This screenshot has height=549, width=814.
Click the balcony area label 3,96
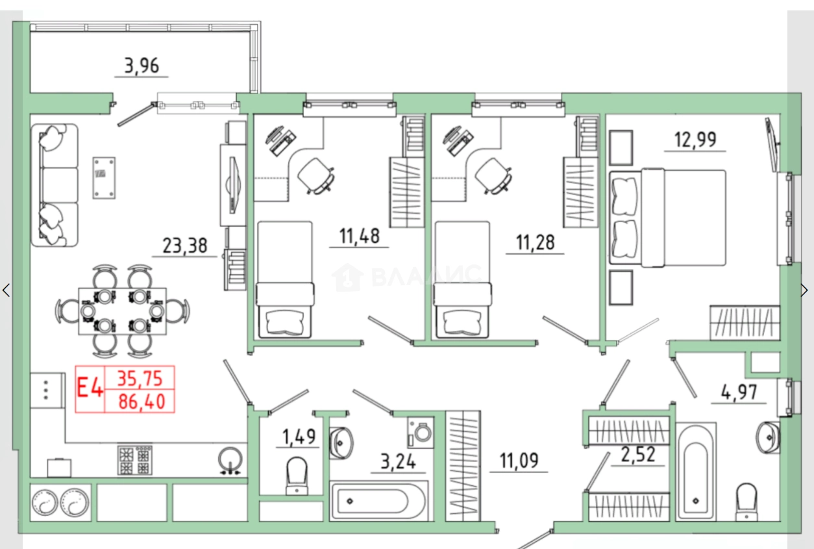142,66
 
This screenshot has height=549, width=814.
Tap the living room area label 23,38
185,246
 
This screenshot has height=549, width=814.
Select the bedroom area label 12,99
695,140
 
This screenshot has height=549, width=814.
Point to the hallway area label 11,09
519,461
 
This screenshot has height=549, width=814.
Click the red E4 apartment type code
90,388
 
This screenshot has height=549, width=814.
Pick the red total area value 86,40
142,402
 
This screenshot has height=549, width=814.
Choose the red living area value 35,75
140,379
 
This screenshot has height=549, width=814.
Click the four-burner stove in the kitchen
135,460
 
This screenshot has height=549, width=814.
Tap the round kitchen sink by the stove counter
230,459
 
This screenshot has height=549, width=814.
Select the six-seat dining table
123,311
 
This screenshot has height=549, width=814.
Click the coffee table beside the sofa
104,178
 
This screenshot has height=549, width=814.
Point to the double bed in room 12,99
667,218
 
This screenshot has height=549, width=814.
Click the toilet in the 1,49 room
297,476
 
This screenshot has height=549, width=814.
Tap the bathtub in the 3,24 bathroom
379,501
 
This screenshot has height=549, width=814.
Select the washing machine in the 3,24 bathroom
421,432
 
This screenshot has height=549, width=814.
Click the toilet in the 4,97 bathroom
746,502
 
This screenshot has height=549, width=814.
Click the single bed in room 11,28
463,280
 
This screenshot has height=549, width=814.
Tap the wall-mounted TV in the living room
233,185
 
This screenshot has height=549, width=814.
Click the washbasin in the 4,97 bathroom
767,438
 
